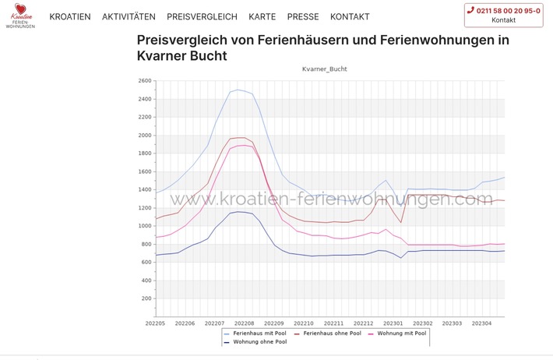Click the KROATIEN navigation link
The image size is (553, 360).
pos(70,16)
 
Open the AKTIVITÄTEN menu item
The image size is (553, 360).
pos(129,16)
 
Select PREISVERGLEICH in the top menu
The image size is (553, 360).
pos(202,16)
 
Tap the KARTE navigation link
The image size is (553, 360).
pos(262,16)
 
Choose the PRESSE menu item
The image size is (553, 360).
pos(303,16)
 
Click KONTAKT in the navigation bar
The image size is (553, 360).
pos(350,16)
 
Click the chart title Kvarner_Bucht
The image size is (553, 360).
pos(325,69)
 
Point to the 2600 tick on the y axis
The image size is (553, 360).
pos(143,81)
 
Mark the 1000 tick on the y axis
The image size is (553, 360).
pos(143,226)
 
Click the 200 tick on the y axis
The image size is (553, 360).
pos(146,298)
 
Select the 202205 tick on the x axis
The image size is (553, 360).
pos(156,323)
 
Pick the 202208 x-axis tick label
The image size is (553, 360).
pos(245,323)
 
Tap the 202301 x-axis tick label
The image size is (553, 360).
pos(393,323)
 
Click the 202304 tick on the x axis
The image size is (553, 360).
pos(482,323)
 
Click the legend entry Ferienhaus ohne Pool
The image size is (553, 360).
pos(330,333)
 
